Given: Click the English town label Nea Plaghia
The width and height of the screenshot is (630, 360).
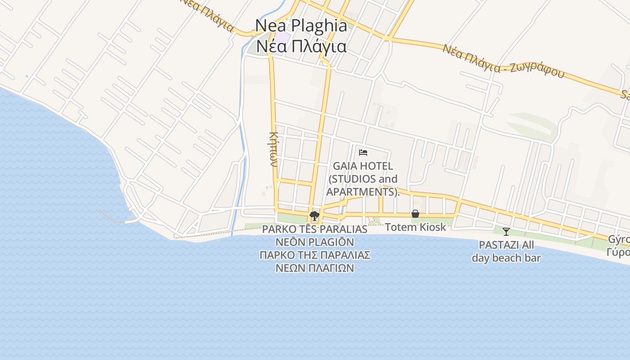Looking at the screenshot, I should [301, 26].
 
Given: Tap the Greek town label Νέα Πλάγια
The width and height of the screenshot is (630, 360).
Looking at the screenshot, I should [301, 46].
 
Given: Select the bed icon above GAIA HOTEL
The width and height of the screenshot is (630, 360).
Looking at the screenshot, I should [363, 153].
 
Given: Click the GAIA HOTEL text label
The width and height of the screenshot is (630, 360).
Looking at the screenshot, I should [363, 166].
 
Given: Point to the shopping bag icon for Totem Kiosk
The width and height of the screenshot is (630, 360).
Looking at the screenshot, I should [415, 214].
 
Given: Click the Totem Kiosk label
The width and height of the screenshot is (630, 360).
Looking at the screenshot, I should [415, 227].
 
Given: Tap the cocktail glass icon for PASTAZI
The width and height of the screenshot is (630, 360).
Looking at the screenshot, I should [506, 232].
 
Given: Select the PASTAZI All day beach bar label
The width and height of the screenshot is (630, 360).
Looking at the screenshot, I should [506, 252].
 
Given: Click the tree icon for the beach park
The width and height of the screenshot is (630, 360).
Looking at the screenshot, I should [315, 216].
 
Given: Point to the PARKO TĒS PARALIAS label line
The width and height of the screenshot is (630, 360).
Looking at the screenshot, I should [315, 229].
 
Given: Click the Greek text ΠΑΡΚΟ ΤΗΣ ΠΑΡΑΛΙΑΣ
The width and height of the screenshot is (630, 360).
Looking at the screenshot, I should [315, 255].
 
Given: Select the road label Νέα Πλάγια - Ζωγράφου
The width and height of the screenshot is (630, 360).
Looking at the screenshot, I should [503, 61].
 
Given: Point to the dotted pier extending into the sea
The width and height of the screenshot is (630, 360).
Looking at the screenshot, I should [110, 216].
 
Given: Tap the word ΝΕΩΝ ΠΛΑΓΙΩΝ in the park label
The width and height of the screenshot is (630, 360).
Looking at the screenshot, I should [315, 268].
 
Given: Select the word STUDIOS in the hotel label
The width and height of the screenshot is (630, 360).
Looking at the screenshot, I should [351, 179].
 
